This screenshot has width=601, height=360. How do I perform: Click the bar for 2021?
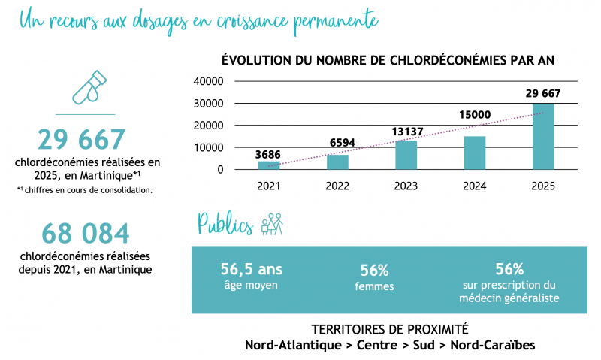click(269, 165)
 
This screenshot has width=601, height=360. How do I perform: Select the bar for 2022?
click(337, 162)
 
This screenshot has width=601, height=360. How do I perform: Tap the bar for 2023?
click(406, 155)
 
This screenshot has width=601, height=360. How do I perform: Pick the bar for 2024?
click(475, 153)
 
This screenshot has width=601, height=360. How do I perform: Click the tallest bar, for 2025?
click(543, 137)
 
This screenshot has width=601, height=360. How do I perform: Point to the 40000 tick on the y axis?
click(208, 81)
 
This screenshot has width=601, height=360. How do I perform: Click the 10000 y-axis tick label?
click(208, 147)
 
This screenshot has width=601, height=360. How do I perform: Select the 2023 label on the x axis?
click(406, 186)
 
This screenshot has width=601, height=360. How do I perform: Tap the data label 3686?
click(269, 154)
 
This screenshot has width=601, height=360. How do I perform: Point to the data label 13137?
click(406, 132)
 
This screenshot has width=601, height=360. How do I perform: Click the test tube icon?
click(89, 87)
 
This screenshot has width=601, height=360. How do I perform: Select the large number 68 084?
click(86, 234)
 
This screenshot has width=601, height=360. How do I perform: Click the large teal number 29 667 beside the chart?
click(81, 139)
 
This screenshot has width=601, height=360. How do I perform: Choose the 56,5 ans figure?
click(252, 269)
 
